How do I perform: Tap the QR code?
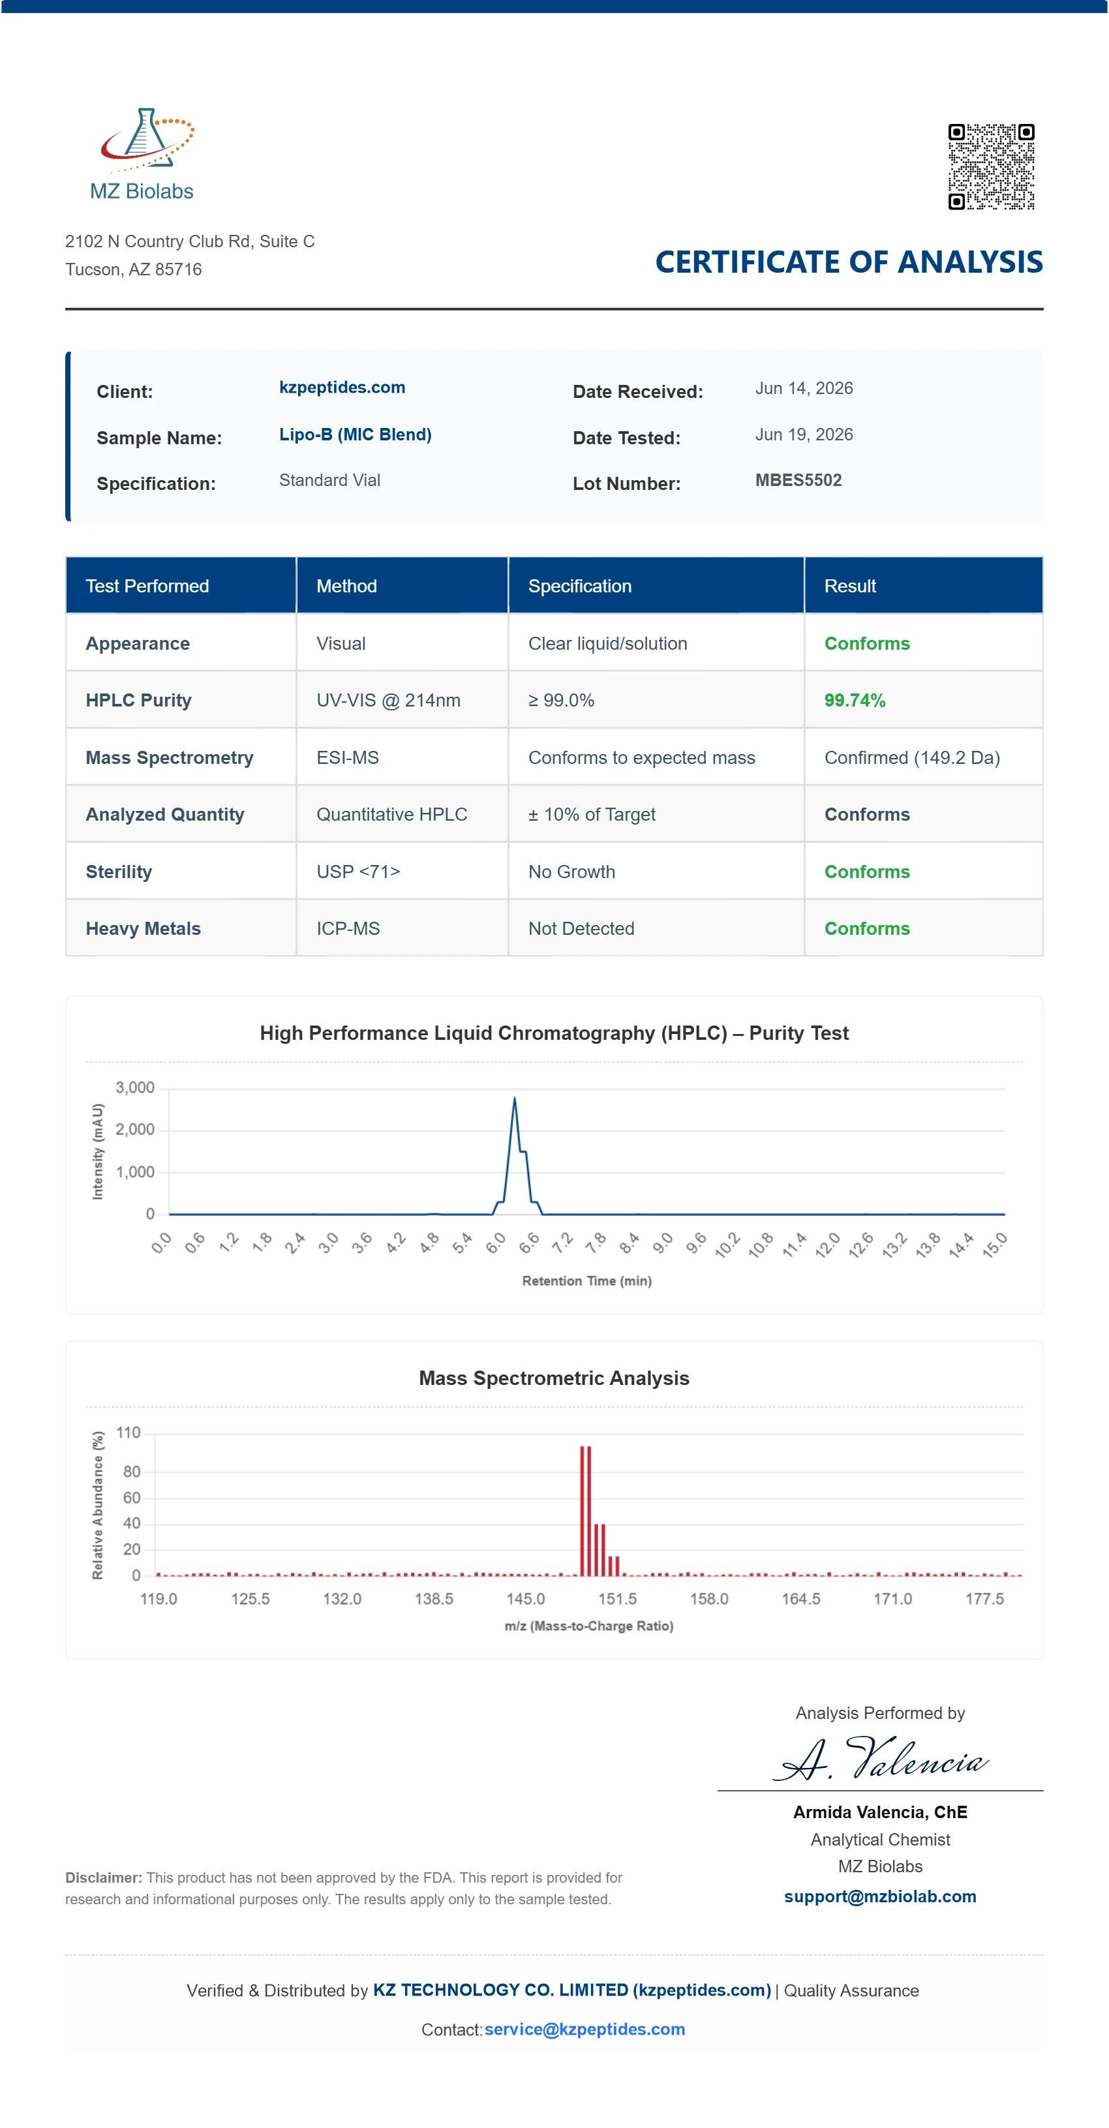[x=991, y=166]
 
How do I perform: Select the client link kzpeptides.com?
[x=342, y=388]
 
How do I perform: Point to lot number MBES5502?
[x=798, y=480]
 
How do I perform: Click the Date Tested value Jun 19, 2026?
[x=804, y=434]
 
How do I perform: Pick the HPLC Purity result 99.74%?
[x=855, y=701]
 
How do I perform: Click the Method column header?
[x=346, y=586]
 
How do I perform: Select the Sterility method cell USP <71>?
[x=358, y=872]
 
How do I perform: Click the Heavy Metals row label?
[x=143, y=928]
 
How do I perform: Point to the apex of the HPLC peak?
[x=514, y=1098]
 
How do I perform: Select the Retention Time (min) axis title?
[x=586, y=1281]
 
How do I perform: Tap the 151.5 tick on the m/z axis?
[x=617, y=1598]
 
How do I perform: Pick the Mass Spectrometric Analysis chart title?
[x=554, y=1378]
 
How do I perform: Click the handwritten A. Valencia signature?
[x=881, y=1758]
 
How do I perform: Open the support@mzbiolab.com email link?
[x=880, y=1896]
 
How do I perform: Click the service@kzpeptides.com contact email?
[x=585, y=2029]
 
